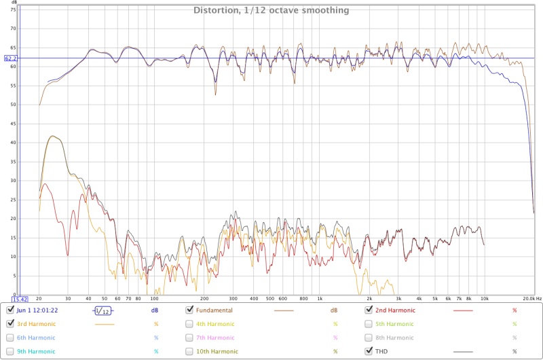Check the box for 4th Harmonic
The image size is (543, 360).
pos(190,323)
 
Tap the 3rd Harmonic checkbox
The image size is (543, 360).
pos(10,323)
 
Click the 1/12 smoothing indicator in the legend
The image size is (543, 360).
pos(102,310)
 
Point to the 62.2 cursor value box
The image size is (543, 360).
pos(10,58)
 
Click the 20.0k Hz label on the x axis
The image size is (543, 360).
pos(528,298)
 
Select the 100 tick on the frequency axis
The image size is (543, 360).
pos(154,298)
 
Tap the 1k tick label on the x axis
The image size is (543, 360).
pos(320,298)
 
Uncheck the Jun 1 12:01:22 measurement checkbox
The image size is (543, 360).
pos(10,310)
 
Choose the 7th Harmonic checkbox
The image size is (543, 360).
pos(190,338)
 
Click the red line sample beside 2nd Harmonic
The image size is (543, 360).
pos(462,310)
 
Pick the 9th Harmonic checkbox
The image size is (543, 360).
pos(10,351)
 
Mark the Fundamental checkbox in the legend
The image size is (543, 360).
pos(190,310)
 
